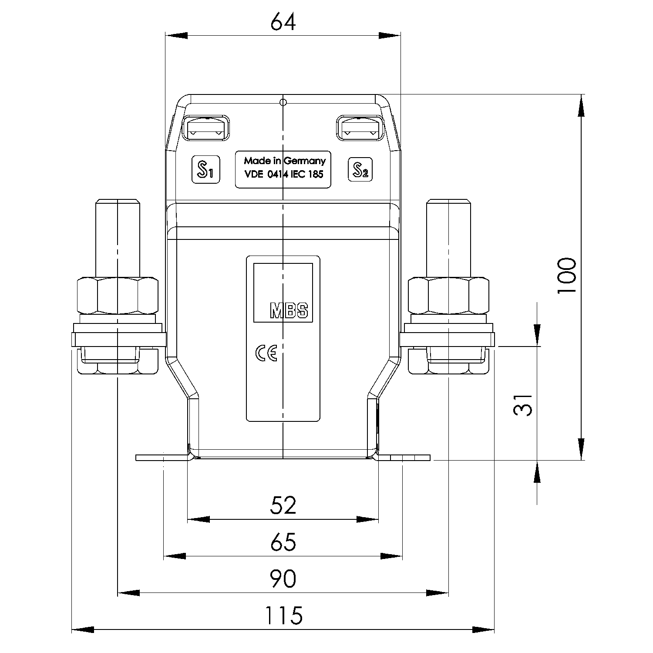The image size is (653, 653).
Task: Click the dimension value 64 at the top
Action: [283, 22]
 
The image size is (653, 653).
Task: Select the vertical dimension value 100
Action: [567, 276]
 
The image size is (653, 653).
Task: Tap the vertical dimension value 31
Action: [523, 405]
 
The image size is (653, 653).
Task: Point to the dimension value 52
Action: [283, 505]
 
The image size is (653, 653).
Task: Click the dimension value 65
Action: [283, 542]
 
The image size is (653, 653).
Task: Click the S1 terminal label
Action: [205, 169]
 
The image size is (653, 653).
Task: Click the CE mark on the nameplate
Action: [266, 354]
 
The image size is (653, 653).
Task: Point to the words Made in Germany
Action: [284, 161]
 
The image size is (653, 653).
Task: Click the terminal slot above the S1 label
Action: [205, 128]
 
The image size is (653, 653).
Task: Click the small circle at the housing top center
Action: [283, 103]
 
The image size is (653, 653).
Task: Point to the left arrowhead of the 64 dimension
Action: [176, 36]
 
